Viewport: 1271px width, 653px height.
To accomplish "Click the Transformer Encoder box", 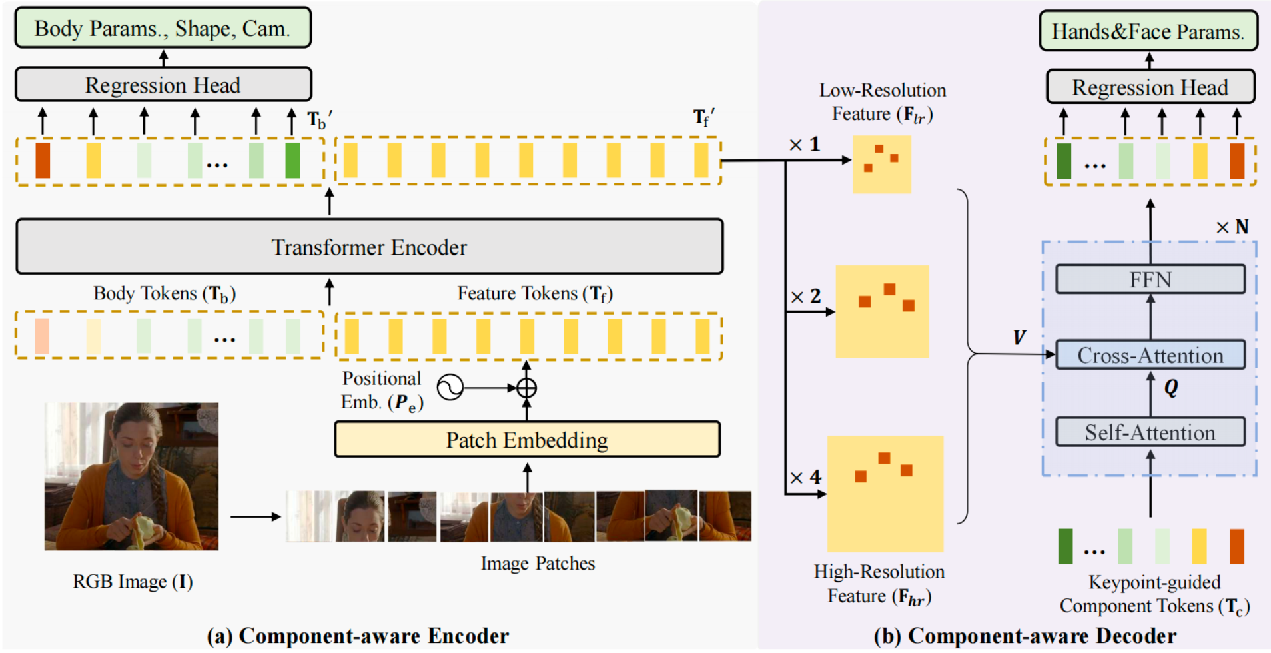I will tap(369, 247).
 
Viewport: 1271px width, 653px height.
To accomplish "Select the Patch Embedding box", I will tap(526, 440).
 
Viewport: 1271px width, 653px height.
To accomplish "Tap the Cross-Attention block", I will tap(1150, 355).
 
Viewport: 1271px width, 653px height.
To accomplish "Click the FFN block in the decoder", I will tap(1150, 279).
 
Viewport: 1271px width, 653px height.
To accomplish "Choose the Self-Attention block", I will tap(1150, 432).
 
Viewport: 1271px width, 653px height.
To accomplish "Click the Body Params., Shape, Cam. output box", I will tap(163, 28).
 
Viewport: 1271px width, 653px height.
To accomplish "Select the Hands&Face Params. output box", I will tap(1148, 31).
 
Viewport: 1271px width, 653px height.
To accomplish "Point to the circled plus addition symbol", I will tap(526, 388).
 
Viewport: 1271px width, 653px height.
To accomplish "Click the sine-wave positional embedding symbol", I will tap(450, 387).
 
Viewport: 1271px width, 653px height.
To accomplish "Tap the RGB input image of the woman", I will tap(131, 476).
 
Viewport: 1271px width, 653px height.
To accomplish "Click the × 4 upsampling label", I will tap(806, 477).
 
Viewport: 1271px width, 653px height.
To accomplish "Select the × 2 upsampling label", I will tap(806, 296).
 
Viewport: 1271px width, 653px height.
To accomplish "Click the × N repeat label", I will tap(1232, 227).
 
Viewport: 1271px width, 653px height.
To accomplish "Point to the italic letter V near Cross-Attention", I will tap(1019, 338).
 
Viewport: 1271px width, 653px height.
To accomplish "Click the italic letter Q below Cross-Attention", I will tap(1171, 388).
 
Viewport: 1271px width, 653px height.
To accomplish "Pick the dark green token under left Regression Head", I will tap(292, 160).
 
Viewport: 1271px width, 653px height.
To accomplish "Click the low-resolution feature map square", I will tap(882, 165).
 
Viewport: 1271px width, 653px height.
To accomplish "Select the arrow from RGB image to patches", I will tap(255, 516).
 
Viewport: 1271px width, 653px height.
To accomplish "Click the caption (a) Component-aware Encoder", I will tap(358, 636).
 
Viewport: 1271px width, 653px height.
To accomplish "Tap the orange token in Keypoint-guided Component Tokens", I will tap(1236, 546).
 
